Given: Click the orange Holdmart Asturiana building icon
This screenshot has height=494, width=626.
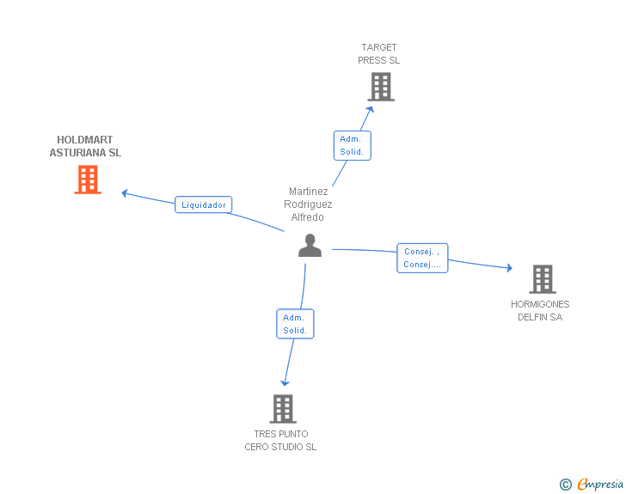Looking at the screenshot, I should [88, 180].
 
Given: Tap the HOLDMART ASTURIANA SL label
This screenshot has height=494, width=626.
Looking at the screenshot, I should [85, 146].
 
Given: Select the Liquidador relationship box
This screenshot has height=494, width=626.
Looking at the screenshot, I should [204, 204].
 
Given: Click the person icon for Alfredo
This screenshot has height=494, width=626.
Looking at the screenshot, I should [310, 246].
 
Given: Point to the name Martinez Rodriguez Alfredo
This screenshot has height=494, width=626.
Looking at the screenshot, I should [308, 204].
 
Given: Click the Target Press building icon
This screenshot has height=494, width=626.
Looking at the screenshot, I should [380, 87].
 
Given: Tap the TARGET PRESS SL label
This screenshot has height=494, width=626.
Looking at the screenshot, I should [379, 54].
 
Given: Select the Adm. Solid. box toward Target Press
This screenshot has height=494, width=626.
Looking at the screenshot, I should [352, 145].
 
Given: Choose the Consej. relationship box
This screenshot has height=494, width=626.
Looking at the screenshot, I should [422, 258].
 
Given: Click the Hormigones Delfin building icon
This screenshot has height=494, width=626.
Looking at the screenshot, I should [542, 279].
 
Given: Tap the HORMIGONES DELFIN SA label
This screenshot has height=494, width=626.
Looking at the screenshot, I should [540, 310].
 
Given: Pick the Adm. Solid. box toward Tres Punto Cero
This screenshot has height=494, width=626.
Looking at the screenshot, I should [295, 324].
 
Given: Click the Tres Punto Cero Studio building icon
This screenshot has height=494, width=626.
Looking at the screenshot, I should [283, 409].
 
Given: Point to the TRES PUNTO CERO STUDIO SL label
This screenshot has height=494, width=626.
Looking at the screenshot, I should [280, 440].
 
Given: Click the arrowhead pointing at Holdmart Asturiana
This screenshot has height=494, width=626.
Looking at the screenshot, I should [126, 193].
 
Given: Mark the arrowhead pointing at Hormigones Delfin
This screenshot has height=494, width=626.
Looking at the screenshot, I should [509, 269].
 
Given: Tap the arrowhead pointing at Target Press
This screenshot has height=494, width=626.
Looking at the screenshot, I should [371, 108].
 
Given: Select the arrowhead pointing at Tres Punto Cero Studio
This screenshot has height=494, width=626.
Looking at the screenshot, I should [284, 383].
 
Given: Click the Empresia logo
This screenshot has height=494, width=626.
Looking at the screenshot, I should [599, 485].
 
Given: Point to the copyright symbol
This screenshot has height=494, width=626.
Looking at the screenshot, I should [565, 485].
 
